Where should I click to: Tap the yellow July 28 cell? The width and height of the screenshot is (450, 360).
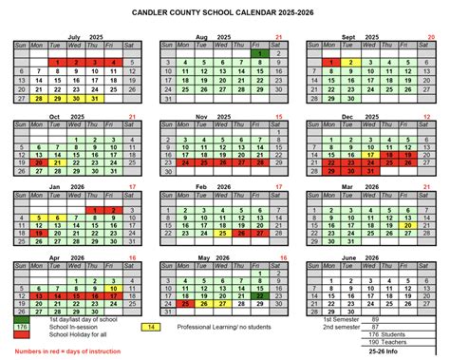(39, 97)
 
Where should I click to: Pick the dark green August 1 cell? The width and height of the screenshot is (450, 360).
(259, 54)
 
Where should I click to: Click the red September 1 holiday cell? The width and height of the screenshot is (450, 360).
(331, 63)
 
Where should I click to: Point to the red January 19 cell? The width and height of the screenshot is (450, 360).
(39, 231)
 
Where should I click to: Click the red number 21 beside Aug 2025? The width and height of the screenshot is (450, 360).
(278, 37)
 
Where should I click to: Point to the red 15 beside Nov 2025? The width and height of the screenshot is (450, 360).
(278, 118)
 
